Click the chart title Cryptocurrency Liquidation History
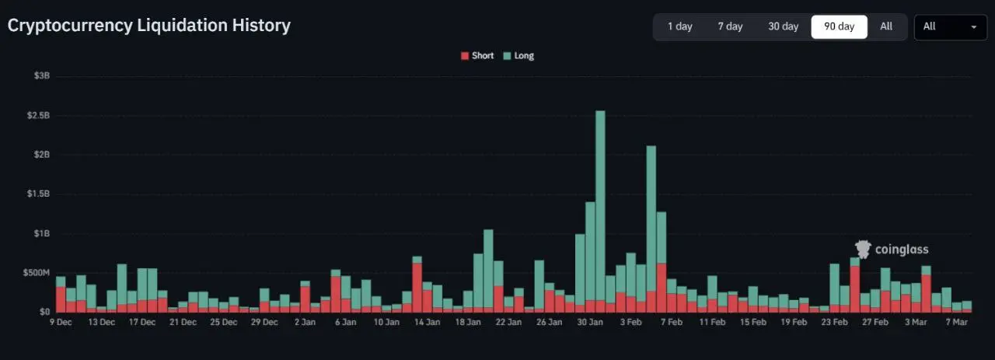click(x=149, y=26)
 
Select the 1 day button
click(x=679, y=26)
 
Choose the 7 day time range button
click(x=730, y=26)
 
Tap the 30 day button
click(x=783, y=26)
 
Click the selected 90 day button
click(x=839, y=26)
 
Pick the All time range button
click(x=886, y=26)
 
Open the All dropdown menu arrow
click(x=973, y=27)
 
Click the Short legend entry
click(x=477, y=56)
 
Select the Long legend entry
click(x=518, y=56)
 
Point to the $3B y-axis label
click(x=42, y=76)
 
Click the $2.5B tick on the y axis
click(x=37, y=116)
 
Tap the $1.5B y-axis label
click(x=37, y=194)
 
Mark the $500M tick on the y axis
click(x=36, y=273)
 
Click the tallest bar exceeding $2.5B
click(x=600, y=210)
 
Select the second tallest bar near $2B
click(x=651, y=225)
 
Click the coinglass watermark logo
click(x=892, y=250)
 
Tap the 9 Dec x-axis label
click(x=61, y=322)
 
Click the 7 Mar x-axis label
click(x=956, y=322)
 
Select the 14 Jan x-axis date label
click(x=428, y=322)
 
